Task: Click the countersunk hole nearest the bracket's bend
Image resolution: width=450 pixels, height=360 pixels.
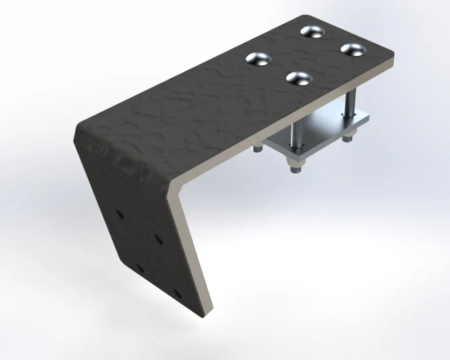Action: point(258,59)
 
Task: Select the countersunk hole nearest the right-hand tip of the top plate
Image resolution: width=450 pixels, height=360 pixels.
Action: point(352,49)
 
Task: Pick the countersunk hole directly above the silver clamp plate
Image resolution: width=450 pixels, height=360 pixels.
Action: point(299,77)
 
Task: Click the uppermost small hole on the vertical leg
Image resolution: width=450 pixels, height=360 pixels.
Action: point(119,215)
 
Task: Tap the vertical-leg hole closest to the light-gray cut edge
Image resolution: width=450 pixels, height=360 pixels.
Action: point(158,237)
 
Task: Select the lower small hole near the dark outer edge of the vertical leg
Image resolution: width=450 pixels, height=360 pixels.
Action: point(140,268)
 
